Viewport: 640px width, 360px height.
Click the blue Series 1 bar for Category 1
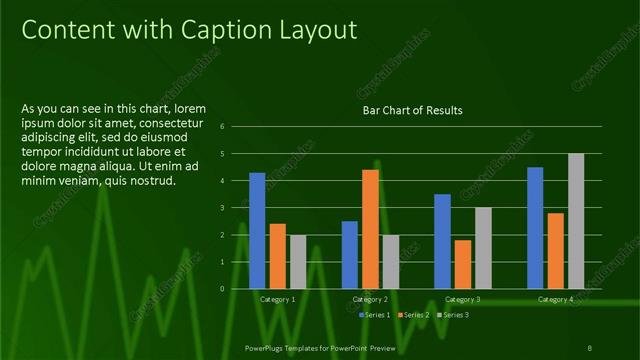tap(257, 230)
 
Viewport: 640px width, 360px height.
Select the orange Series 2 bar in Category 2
tap(370, 229)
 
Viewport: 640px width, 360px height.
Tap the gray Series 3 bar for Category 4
tap(576, 220)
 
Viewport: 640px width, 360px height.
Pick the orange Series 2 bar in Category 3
tap(463, 264)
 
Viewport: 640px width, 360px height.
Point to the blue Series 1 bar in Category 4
tap(535, 227)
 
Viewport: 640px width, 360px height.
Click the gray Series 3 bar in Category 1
tap(298, 261)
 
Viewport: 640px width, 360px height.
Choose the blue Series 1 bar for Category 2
tap(350, 254)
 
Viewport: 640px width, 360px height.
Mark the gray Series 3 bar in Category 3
tap(483, 247)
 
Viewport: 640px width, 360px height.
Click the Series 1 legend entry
tap(375, 315)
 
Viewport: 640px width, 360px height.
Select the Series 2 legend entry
tap(415, 315)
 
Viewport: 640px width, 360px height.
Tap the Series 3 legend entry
tap(454, 315)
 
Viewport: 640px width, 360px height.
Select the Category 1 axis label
tap(277, 299)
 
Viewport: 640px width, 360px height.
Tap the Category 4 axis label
tap(555, 299)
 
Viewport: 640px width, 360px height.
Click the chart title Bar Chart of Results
tap(412, 110)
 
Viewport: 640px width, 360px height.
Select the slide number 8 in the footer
tap(588, 347)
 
